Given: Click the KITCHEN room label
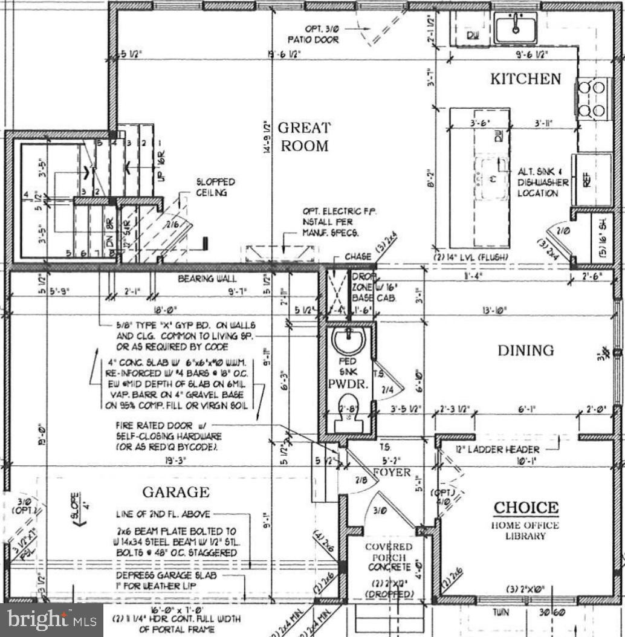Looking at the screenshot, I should (x=525, y=79).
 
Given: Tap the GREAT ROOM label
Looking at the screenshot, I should (x=303, y=137).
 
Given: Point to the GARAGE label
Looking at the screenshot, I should (x=176, y=492).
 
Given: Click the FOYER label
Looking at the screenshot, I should (x=391, y=472).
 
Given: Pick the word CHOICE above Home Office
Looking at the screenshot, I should (x=526, y=508).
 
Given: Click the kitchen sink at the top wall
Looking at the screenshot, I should (x=515, y=28).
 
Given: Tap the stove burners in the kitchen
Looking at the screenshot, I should (x=592, y=99).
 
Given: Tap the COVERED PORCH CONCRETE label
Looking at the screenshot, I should (x=388, y=557).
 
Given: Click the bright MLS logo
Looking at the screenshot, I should (x=51, y=619).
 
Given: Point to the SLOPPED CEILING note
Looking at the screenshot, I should (x=215, y=187).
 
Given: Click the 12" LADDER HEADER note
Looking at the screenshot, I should (x=507, y=449).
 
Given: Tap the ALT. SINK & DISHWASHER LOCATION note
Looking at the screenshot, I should (x=542, y=183).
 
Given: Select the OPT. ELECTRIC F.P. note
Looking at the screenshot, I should (x=339, y=222).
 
